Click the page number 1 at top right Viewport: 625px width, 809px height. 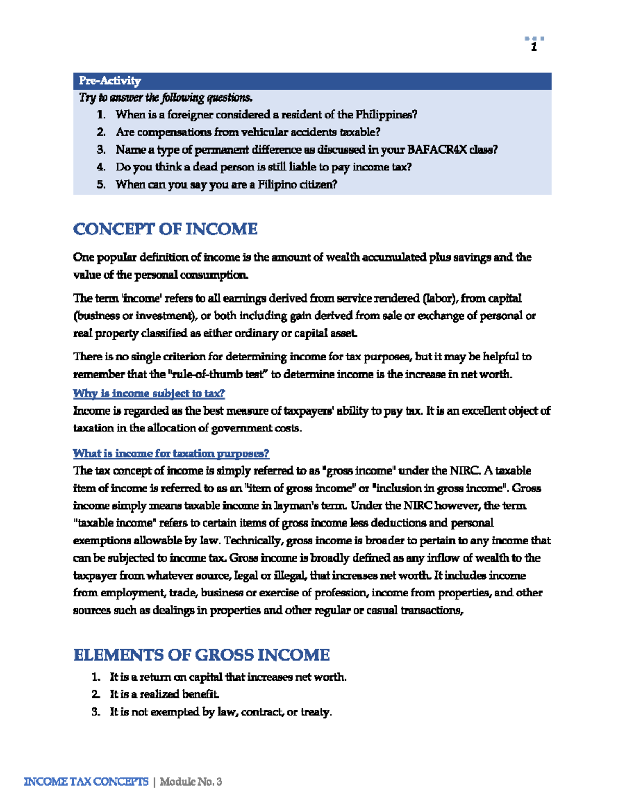[534, 47]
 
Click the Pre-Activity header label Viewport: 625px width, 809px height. [110, 81]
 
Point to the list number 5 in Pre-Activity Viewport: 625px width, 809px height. [101, 184]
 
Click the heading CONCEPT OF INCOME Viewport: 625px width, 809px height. [165, 229]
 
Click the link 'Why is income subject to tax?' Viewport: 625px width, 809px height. [149, 393]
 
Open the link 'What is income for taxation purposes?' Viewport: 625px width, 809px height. [171, 453]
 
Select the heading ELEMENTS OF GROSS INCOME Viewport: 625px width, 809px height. [202, 655]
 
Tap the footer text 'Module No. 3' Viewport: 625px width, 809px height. [191, 781]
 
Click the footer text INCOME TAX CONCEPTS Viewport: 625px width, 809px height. [86, 781]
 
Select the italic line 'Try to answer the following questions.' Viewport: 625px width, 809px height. [166, 98]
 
